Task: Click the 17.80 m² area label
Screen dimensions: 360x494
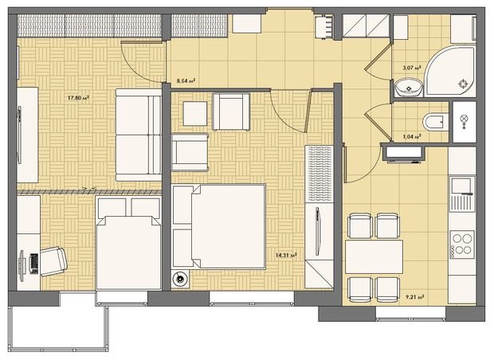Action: click(78, 98)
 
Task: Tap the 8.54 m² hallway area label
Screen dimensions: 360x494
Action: click(186, 80)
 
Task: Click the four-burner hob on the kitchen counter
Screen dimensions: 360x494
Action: click(462, 243)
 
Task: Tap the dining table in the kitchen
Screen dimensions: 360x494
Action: click(374, 257)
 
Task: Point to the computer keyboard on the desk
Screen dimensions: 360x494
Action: click(33, 262)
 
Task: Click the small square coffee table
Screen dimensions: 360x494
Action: click(195, 113)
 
